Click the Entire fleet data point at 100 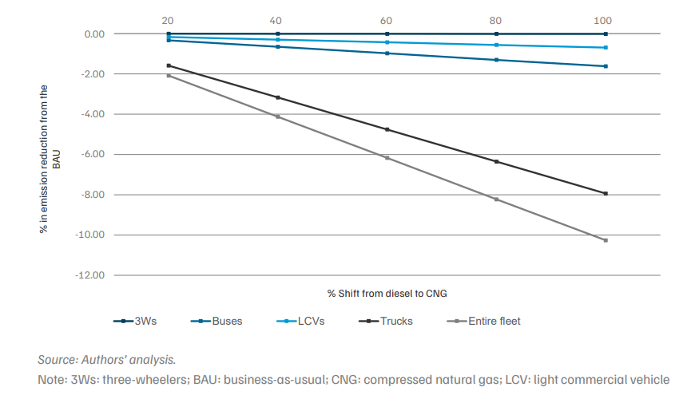pos(606,240)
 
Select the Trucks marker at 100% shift pos(606,194)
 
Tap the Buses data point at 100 pos(606,66)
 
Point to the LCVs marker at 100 pos(606,48)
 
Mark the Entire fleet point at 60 pos(387,158)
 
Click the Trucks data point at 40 pos(278,97)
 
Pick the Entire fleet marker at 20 pos(169,76)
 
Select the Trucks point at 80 pos(496,162)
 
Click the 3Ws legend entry pos(135,321)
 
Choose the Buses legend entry pos(216,321)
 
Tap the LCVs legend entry pos(300,321)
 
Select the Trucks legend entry pos(386,321)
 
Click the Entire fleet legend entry pos(483,321)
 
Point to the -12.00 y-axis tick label pos(90,275)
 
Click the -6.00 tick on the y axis pos(93,155)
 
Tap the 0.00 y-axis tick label pos(94,34)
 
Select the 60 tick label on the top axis pos(386,21)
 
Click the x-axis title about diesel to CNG pos(387,294)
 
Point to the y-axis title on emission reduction pos(50,159)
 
